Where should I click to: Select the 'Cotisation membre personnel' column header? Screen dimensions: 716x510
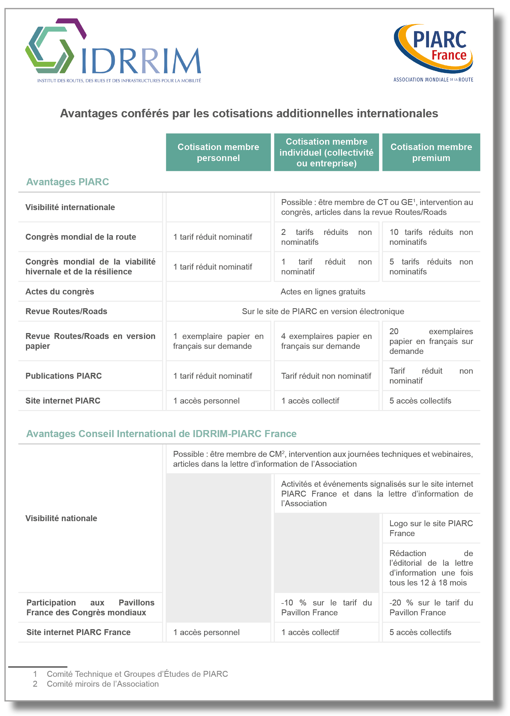(x=218, y=153)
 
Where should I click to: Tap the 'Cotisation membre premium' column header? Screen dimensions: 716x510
(x=431, y=153)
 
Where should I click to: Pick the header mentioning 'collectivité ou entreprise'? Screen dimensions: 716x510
(x=326, y=153)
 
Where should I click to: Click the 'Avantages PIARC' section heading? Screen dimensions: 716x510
(x=67, y=182)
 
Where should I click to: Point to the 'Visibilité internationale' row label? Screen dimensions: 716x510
(x=70, y=207)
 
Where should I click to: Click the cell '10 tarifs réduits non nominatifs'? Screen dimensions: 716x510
(x=431, y=237)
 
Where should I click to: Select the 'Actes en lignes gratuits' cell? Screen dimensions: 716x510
(x=323, y=292)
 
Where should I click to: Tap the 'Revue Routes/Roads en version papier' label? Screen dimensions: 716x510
(x=90, y=341)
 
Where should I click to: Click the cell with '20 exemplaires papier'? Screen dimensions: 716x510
(x=431, y=341)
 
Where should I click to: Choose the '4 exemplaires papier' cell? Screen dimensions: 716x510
(x=326, y=341)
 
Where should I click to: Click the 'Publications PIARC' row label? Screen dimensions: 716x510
(x=64, y=376)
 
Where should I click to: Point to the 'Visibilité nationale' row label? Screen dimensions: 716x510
(x=61, y=518)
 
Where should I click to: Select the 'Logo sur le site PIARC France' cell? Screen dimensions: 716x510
(x=431, y=528)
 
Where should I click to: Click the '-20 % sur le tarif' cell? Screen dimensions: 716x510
(x=431, y=607)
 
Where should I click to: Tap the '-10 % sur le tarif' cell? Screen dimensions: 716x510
(x=326, y=607)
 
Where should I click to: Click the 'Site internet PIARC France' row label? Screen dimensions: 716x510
(x=78, y=632)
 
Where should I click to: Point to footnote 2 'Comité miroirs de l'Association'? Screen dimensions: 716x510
(x=103, y=684)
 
